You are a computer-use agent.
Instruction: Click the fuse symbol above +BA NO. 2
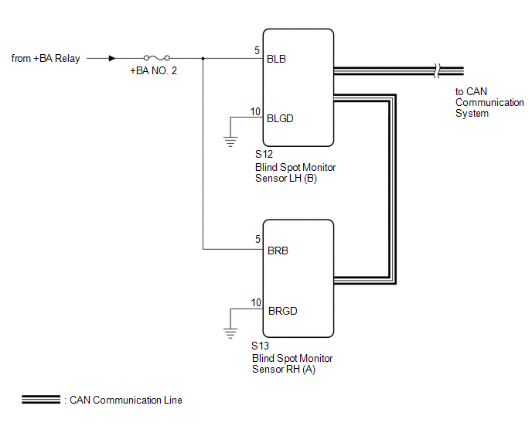point(157,58)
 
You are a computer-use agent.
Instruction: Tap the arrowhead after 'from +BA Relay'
point(112,58)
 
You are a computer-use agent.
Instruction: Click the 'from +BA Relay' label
point(46,58)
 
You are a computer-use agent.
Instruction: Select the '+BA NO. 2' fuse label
point(153,70)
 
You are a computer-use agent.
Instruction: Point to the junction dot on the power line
point(203,58)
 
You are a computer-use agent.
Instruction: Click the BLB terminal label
point(276,59)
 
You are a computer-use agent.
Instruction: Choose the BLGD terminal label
point(280,118)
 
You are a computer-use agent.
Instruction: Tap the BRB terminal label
point(278,251)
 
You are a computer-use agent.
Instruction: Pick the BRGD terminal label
point(283,311)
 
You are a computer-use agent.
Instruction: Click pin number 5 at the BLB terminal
point(257,50)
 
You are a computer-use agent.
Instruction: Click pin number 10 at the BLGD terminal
point(255,111)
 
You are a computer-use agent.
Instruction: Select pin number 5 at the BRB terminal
point(257,239)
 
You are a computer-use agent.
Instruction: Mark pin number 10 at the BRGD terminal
point(256,302)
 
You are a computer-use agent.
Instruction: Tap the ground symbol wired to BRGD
point(230,333)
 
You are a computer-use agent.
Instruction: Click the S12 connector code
point(264,155)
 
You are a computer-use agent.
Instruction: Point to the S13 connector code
point(260,346)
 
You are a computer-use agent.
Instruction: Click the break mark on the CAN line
point(437,71)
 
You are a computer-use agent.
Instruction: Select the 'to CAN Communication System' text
point(489,102)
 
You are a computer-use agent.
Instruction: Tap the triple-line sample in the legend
point(41,400)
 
